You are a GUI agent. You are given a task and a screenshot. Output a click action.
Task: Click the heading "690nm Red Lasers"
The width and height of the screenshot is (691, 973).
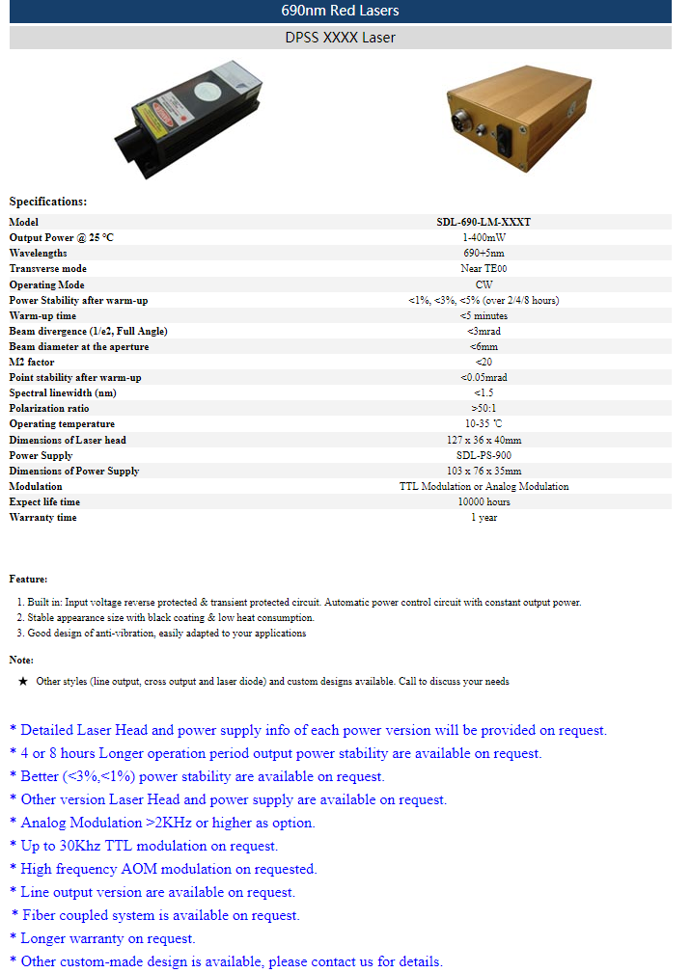click(x=340, y=11)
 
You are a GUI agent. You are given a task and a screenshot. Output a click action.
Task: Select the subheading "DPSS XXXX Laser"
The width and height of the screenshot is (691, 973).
click(x=340, y=38)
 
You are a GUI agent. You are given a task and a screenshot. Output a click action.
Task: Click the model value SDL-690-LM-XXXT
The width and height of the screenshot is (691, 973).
click(x=484, y=222)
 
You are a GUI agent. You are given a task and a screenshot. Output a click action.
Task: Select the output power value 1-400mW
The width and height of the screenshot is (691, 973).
click(x=484, y=237)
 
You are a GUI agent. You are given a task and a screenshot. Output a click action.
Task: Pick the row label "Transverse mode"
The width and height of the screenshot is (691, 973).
click(x=48, y=269)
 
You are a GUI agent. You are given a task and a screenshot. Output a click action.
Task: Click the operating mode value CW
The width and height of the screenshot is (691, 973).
click(x=484, y=284)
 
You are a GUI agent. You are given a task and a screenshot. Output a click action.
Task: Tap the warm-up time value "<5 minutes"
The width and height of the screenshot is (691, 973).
click(x=484, y=315)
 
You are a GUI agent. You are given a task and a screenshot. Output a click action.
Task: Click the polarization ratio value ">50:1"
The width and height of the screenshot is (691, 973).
click(x=484, y=409)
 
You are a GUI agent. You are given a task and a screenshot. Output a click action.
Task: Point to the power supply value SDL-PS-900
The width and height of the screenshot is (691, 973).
click(x=484, y=455)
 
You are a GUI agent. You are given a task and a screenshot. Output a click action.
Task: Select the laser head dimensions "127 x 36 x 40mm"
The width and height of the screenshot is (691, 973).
click(x=484, y=440)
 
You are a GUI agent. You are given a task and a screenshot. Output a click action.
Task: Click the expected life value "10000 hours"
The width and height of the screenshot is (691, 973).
click(x=484, y=502)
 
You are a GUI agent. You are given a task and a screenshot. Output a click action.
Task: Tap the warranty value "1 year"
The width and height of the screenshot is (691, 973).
click(x=484, y=518)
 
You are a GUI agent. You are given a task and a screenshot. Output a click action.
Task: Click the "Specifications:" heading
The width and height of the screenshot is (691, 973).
click(x=48, y=202)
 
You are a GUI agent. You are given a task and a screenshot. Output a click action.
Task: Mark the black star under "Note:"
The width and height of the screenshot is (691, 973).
click(x=23, y=681)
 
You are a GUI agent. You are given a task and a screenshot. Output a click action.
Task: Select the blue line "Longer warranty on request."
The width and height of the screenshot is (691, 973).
click(x=107, y=938)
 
